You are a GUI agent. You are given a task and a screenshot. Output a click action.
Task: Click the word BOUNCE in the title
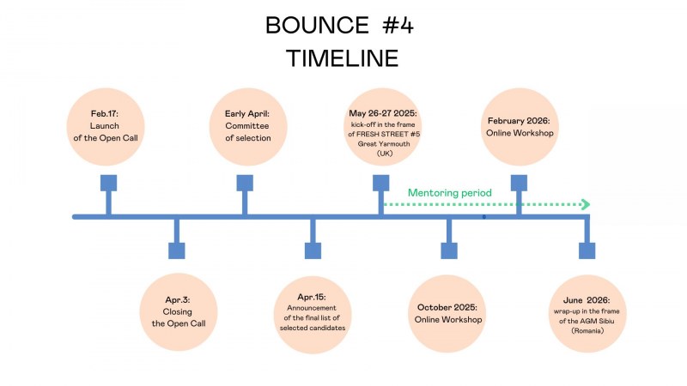(x=317, y=25)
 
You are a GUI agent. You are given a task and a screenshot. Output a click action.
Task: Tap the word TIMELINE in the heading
(x=342, y=58)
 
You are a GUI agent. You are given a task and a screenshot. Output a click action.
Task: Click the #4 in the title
(x=398, y=25)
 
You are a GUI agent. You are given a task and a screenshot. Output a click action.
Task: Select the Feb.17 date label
(x=104, y=114)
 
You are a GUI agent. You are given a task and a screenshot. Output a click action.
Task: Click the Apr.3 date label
(x=178, y=300)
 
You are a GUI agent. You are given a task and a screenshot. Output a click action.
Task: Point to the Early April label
(x=247, y=114)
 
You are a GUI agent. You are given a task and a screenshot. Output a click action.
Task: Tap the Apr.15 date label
(x=312, y=297)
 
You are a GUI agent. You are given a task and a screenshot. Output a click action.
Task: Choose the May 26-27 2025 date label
(x=383, y=113)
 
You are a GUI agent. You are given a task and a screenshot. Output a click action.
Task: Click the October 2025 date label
(x=447, y=307)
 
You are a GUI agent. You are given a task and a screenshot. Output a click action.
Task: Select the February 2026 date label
(x=519, y=121)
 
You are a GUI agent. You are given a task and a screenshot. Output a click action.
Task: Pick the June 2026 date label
(x=587, y=300)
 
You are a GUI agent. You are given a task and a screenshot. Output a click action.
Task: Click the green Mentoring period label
(x=449, y=193)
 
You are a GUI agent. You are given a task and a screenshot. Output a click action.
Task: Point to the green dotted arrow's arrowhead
(x=586, y=204)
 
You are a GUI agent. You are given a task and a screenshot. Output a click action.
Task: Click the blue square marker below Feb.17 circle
(x=109, y=183)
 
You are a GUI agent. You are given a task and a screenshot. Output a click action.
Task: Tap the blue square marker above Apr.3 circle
(x=177, y=250)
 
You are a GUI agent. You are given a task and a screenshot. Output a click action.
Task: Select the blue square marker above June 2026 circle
(x=587, y=250)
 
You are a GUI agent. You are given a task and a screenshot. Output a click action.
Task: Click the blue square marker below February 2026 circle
(x=519, y=183)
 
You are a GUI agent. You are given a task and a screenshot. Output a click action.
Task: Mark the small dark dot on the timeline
(x=483, y=217)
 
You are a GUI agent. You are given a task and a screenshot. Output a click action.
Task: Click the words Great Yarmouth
(x=384, y=143)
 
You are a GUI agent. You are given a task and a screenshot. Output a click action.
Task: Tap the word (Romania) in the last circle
(x=587, y=331)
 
